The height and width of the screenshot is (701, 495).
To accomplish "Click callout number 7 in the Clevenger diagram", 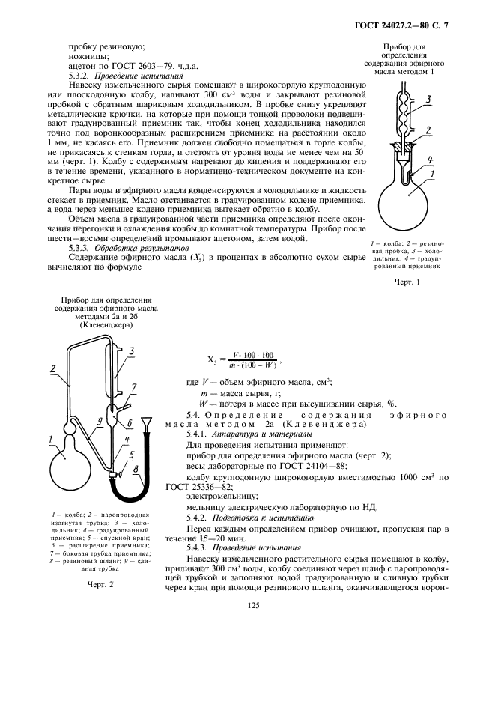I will [x=133, y=386].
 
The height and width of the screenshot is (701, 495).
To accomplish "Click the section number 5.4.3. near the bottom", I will [x=201, y=548].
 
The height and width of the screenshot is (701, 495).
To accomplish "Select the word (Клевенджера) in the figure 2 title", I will [x=94, y=326].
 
